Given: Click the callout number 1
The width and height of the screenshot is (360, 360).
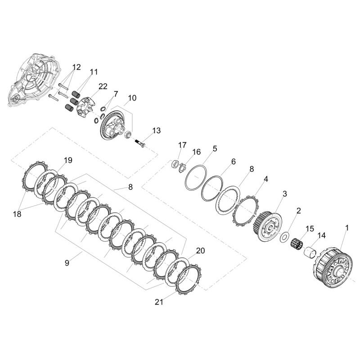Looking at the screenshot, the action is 347,228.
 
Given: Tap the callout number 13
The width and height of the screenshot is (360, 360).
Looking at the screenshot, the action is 157,130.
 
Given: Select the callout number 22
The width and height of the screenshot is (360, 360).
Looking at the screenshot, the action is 103,86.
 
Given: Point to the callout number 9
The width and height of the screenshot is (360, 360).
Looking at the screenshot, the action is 67,263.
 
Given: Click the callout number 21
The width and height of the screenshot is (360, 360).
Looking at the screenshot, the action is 159,302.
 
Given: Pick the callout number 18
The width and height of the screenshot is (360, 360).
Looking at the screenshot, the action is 17,214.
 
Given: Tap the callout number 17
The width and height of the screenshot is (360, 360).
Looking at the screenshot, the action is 182,145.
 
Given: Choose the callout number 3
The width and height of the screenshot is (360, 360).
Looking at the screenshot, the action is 285,193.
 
